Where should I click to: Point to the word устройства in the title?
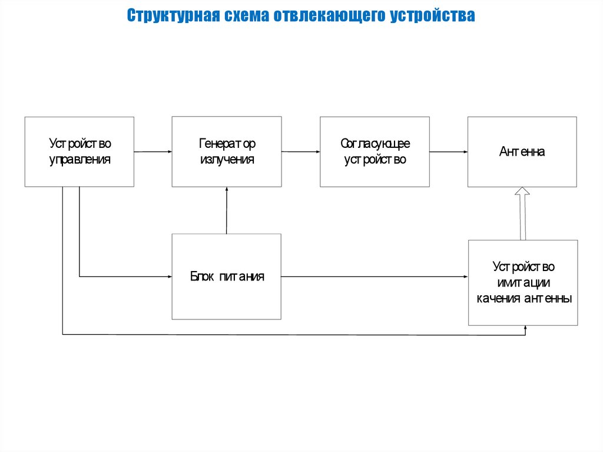(433, 15)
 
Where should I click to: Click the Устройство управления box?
(79, 151)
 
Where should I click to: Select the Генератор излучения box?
(227, 151)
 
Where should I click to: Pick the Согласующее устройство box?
(375, 151)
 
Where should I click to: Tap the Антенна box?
(522, 151)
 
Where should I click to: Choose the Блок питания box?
(227, 276)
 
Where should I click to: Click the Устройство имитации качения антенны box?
(523, 283)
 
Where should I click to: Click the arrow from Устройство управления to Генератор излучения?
(153, 151)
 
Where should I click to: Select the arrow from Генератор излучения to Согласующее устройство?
(301, 151)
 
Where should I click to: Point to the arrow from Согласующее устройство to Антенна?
(449, 151)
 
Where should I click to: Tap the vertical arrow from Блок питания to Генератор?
(227, 210)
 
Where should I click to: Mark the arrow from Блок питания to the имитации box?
(375, 276)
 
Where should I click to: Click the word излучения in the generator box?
(227, 160)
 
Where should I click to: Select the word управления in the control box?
(79, 160)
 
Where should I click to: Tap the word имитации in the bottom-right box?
(524, 283)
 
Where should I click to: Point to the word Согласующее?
(375, 144)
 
